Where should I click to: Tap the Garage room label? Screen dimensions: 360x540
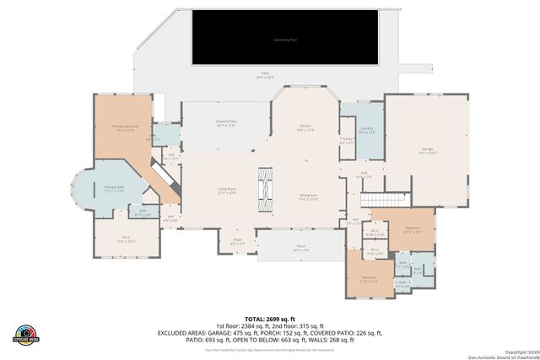[428, 150]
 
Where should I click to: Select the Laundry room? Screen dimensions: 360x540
[366, 131]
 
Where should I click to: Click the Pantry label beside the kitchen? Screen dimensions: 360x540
[346, 142]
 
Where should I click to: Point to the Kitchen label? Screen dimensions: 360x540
[305, 128]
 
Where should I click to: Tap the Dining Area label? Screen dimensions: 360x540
[308, 197]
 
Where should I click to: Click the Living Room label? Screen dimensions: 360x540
[227, 191]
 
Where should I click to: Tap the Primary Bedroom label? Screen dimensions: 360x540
[124, 128]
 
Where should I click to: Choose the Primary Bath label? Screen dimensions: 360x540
[114, 189]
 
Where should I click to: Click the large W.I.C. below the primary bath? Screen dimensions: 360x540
[124, 239]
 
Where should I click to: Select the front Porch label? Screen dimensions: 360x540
[300, 249]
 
